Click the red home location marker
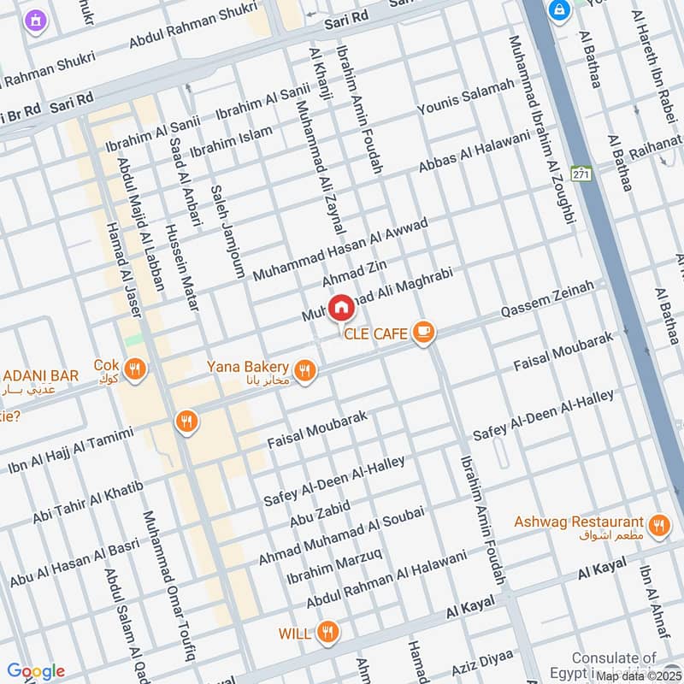pyautogui.click(x=340, y=307)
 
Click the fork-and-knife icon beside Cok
pyautogui.click(x=134, y=369)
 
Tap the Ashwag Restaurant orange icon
pyautogui.click(x=657, y=526)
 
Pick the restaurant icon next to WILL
pyautogui.click(x=326, y=634)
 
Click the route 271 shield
pyautogui.click(x=582, y=174)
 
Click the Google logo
pyautogui.click(x=36, y=671)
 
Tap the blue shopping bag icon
pyautogui.click(x=560, y=10)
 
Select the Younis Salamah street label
pyautogui.click(x=466, y=97)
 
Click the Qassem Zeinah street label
pyautogui.click(x=547, y=303)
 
